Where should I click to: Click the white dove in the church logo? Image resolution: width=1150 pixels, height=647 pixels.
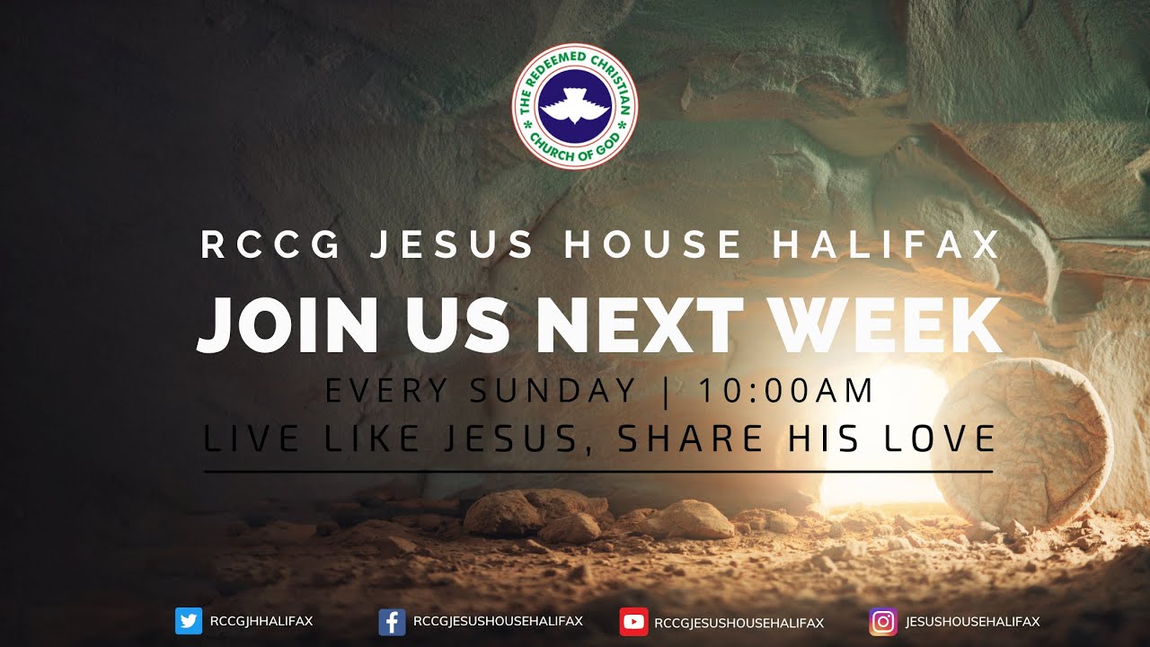click(x=574, y=107)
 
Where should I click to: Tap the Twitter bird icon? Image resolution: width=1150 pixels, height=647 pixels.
click(x=189, y=622)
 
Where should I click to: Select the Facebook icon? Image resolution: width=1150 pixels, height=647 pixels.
click(x=392, y=622)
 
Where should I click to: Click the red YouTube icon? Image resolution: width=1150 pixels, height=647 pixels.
click(x=633, y=622)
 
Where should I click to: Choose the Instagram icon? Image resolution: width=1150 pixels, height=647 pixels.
click(x=882, y=622)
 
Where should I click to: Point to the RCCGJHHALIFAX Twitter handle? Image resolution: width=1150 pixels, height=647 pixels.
click(x=261, y=622)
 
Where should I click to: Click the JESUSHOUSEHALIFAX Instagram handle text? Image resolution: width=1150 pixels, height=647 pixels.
click(x=972, y=622)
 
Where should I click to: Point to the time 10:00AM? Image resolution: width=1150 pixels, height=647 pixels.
click(x=785, y=391)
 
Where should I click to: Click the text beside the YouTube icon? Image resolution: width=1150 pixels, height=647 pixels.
click(x=739, y=622)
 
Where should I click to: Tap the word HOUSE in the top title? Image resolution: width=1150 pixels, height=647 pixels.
click(x=653, y=245)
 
